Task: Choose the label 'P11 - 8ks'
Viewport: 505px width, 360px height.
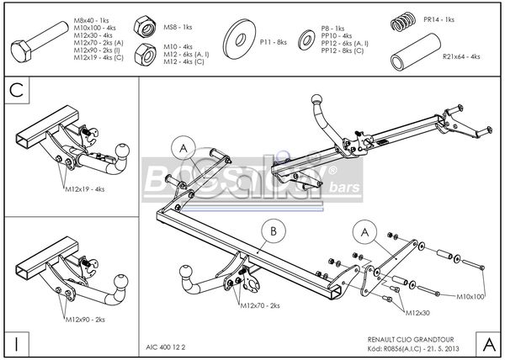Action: [x=274, y=40]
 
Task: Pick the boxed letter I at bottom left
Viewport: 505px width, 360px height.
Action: [x=16, y=343]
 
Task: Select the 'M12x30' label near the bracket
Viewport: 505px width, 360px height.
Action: [x=418, y=312]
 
